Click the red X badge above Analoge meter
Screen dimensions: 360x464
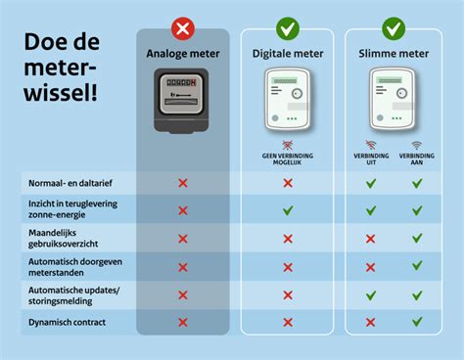(182, 28)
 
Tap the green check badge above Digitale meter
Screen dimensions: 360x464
(288, 28)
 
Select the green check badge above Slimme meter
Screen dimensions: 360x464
(394, 28)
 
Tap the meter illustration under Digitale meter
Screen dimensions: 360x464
(288, 101)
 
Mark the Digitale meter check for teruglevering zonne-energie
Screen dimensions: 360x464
(288, 210)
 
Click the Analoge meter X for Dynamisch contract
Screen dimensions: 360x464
(182, 322)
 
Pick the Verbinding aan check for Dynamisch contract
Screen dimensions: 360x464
(417, 322)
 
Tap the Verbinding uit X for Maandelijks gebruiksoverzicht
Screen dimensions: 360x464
(370, 238)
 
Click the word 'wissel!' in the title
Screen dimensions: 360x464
(61, 96)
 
